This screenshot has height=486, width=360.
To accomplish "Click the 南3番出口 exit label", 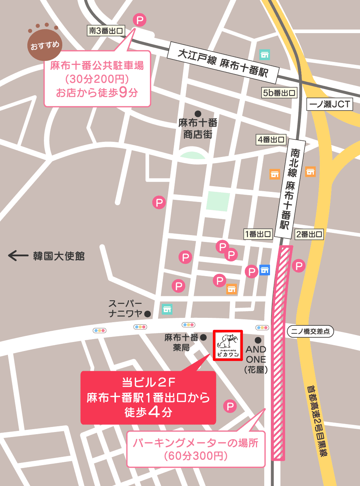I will pos(106,31).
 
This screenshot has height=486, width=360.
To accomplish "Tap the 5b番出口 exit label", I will pos(279,93).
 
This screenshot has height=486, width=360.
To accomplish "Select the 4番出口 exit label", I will pos(271,140).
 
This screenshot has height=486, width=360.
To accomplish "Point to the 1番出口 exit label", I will pos(258,234).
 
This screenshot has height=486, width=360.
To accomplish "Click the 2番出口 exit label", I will pos(309,234).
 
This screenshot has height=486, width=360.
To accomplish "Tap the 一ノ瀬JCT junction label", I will pos(329,104).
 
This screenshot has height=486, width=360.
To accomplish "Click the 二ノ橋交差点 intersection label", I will pos(310,331).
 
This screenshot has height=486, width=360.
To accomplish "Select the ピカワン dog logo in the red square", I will pos(228,345).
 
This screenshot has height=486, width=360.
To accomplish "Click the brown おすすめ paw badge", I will pos(45,45).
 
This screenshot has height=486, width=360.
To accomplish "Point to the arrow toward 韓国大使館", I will pos(18,256).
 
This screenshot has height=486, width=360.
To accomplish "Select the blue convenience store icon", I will pos(265,270).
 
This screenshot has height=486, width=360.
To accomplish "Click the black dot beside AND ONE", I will pos(258,340).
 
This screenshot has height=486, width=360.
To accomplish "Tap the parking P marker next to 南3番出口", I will pos(140,20).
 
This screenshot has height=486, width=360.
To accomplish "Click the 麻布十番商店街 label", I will pos(198,129).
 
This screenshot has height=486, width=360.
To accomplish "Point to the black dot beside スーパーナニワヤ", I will pos(147,314).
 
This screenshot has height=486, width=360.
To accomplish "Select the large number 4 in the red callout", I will pos(154,411).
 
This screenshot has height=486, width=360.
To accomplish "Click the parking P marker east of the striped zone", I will pos(299,266).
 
